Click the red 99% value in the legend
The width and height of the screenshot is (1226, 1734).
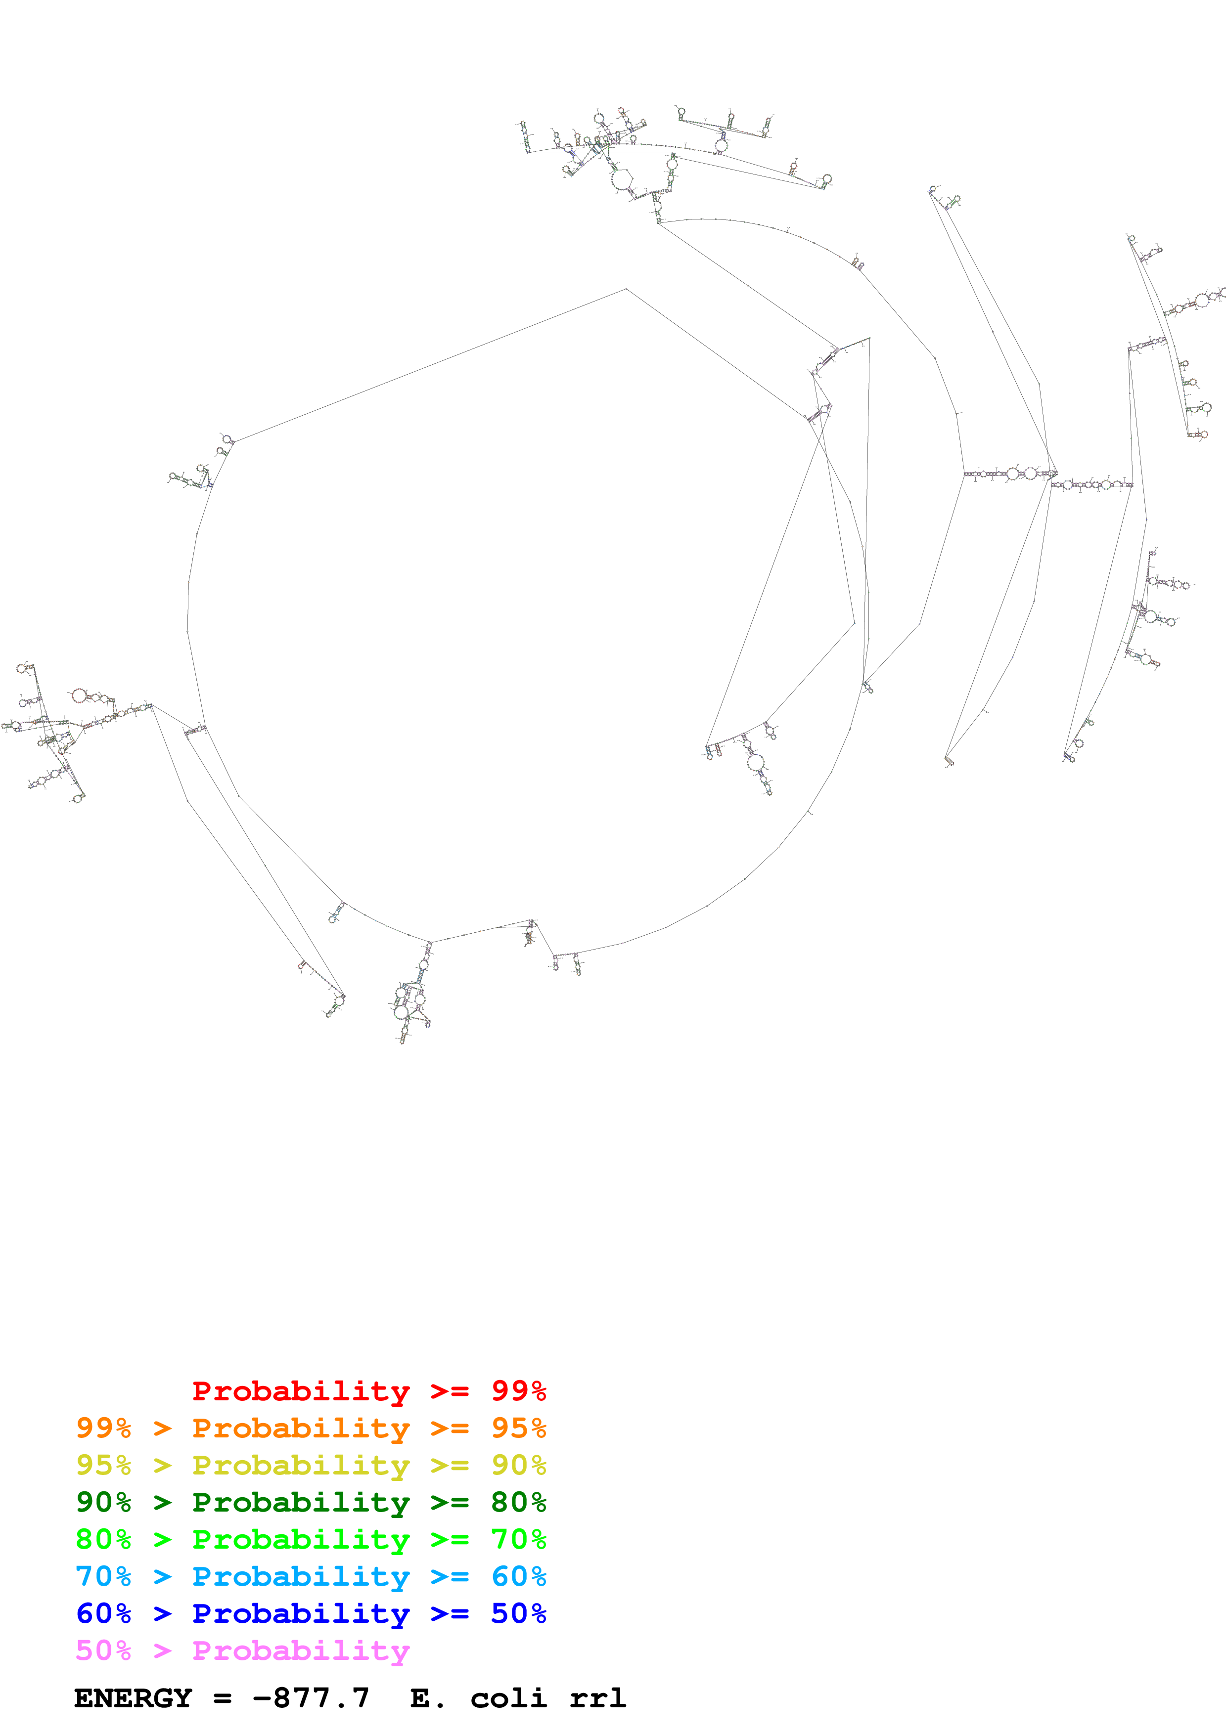[x=518, y=1391]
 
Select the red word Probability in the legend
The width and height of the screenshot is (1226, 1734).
[x=301, y=1391]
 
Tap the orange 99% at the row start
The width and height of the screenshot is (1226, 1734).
[x=103, y=1428]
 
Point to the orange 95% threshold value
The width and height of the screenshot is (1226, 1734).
[x=518, y=1428]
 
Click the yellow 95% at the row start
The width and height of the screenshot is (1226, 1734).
[x=103, y=1465]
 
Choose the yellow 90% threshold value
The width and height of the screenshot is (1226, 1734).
[x=518, y=1465]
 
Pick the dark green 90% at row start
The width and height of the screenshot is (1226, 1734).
[x=103, y=1502]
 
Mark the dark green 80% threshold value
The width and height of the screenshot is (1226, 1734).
[x=518, y=1502]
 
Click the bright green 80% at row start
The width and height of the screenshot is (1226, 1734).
[x=103, y=1539]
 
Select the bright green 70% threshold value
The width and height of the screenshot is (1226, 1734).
[x=518, y=1539]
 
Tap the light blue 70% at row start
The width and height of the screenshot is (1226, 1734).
[x=103, y=1576]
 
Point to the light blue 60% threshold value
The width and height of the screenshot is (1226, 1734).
[x=518, y=1576]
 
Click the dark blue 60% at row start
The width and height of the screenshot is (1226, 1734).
[x=103, y=1613]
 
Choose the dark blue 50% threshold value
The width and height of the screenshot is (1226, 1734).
[x=518, y=1613]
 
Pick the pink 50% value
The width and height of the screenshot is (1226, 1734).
[x=103, y=1650]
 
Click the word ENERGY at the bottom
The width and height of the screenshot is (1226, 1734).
[x=133, y=1698]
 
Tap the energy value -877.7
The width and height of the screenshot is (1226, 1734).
[x=311, y=1698]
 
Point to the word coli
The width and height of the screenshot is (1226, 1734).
[x=508, y=1698]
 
